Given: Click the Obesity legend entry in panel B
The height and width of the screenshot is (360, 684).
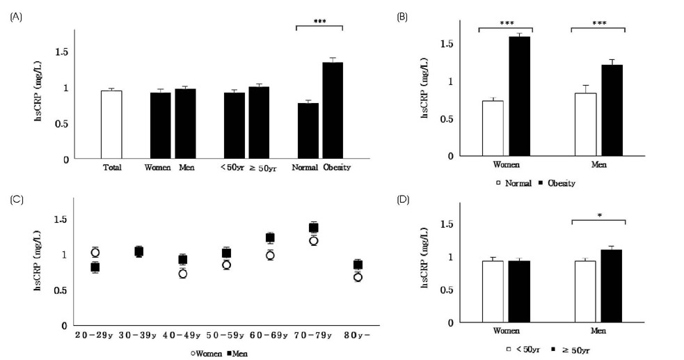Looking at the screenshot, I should tap(557, 183).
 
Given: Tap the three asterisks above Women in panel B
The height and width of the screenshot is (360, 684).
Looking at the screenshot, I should tap(505, 24).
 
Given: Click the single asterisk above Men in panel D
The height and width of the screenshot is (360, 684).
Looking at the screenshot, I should tap(598, 216).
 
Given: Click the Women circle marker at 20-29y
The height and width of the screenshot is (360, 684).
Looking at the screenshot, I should tap(95, 252).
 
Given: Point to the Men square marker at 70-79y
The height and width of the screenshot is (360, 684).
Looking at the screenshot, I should tap(314, 228).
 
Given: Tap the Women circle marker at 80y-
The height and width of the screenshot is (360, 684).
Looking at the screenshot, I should tap(358, 277).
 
